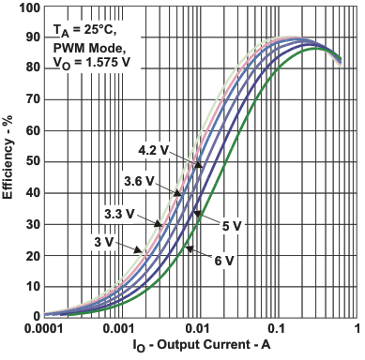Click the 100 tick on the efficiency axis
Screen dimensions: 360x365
pyautogui.click(x=28, y=7)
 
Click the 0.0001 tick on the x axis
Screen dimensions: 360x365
pyautogui.click(x=44, y=330)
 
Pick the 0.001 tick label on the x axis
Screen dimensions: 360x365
pyautogui.click(x=120, y=330)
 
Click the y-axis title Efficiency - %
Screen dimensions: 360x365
pyautogui.click(x=9, y=161)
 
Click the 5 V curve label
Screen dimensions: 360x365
pyautogui.click(x=231, y=225)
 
